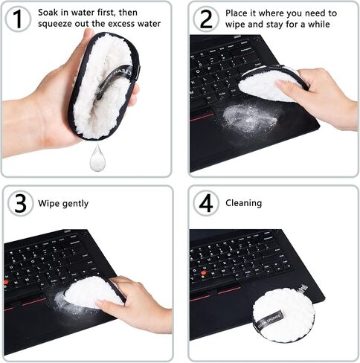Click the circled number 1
18,19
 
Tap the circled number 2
206,19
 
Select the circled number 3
20,203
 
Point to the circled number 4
206,203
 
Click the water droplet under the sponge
97,158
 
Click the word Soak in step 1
48,13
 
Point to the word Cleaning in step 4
243,203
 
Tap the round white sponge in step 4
284,315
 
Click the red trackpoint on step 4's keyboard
204,273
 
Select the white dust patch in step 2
249,120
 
